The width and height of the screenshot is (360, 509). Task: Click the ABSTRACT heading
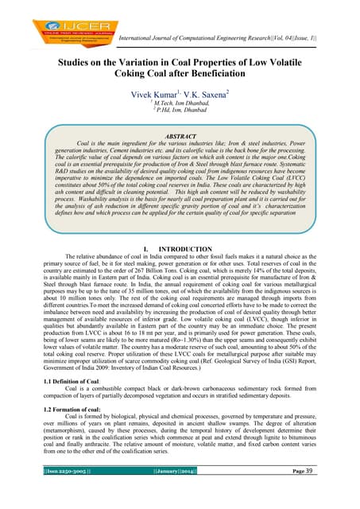(x=179, y=136)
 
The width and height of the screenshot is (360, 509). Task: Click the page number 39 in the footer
(x=331, y=494)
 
